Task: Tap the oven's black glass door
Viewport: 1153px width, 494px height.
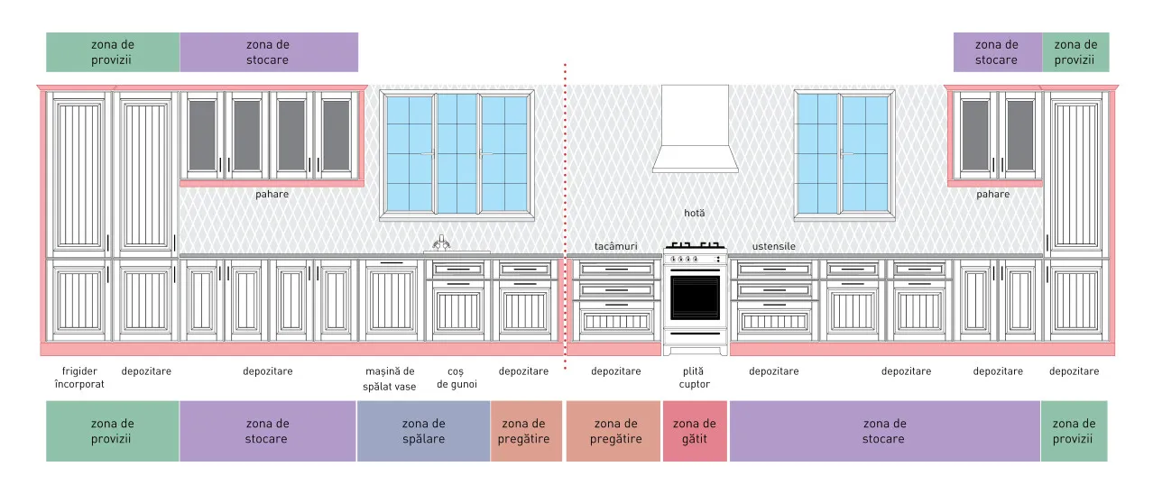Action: click(695, 297)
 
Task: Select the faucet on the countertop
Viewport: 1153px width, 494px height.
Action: click(441, 243)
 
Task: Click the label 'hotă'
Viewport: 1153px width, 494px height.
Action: click(695, 213)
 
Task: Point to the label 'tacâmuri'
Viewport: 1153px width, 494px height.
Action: click(615, 246)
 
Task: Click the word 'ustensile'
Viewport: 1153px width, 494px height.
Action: click(774, 246)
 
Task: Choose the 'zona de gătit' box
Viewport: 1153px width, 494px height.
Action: click(695, 431)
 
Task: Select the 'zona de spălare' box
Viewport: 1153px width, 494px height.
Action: click(423, 431)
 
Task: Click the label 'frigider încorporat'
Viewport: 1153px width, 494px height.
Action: click(79, 378)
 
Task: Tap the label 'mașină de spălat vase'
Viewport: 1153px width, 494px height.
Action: click(390, 379)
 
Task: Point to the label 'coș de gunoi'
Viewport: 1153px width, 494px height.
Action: click(457, 378)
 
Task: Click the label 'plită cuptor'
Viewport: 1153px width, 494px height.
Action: click(694, 378)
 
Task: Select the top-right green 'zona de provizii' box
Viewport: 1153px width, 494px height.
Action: click(1075, 52)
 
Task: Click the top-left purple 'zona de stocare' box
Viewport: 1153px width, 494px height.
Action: click(269, 52)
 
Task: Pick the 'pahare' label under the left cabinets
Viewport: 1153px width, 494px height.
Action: click(272, 195)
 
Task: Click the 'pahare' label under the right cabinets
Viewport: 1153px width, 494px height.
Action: click(993, 195)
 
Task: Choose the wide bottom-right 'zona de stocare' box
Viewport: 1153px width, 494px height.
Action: click(885, 431)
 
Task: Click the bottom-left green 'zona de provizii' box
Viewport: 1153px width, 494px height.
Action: click(113, 431)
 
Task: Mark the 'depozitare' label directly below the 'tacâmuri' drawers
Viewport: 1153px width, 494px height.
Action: click(615, 371)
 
